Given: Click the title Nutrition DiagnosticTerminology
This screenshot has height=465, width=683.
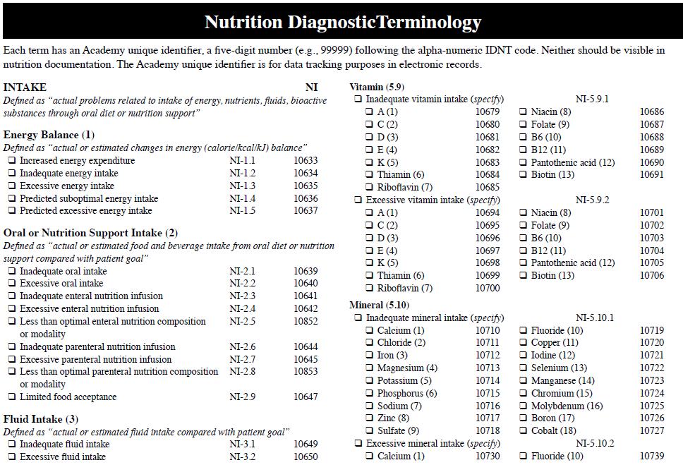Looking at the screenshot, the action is point(343,22).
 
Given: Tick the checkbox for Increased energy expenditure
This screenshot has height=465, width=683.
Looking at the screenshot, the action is point(12,161).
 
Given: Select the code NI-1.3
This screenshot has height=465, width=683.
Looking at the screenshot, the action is point(243,186).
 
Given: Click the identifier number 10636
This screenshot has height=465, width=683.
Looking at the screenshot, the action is point(306,198).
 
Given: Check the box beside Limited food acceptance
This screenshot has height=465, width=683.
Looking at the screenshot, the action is point(12,397).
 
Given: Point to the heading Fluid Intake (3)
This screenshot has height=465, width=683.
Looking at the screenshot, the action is point(40,419).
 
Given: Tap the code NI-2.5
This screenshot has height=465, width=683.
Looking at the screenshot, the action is point(243,321).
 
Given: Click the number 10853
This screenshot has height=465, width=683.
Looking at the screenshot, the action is point(306,371).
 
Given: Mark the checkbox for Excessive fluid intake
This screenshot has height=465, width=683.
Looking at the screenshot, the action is point(12,457).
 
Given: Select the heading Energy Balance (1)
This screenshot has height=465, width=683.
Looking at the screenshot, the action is point(49,135).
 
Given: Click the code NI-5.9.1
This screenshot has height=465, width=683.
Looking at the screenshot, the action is point(593,99).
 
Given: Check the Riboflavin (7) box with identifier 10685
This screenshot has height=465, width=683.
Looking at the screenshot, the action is point(370,188).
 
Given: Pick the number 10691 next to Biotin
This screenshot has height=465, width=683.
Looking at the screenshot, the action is point(652,174).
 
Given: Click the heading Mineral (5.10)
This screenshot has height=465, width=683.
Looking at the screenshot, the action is point(380,305).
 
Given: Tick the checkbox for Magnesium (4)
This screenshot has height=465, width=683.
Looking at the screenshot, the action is point(370,368).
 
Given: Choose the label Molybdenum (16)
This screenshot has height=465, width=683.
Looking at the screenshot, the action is point(567,406).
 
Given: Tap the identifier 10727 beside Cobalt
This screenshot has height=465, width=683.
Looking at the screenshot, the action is point(652,430).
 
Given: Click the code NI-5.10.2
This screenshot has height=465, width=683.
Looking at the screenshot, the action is point(595,443).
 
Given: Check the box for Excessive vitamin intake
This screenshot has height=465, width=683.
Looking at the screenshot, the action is point(358,200).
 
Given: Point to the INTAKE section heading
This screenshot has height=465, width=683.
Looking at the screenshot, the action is point(25,87).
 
